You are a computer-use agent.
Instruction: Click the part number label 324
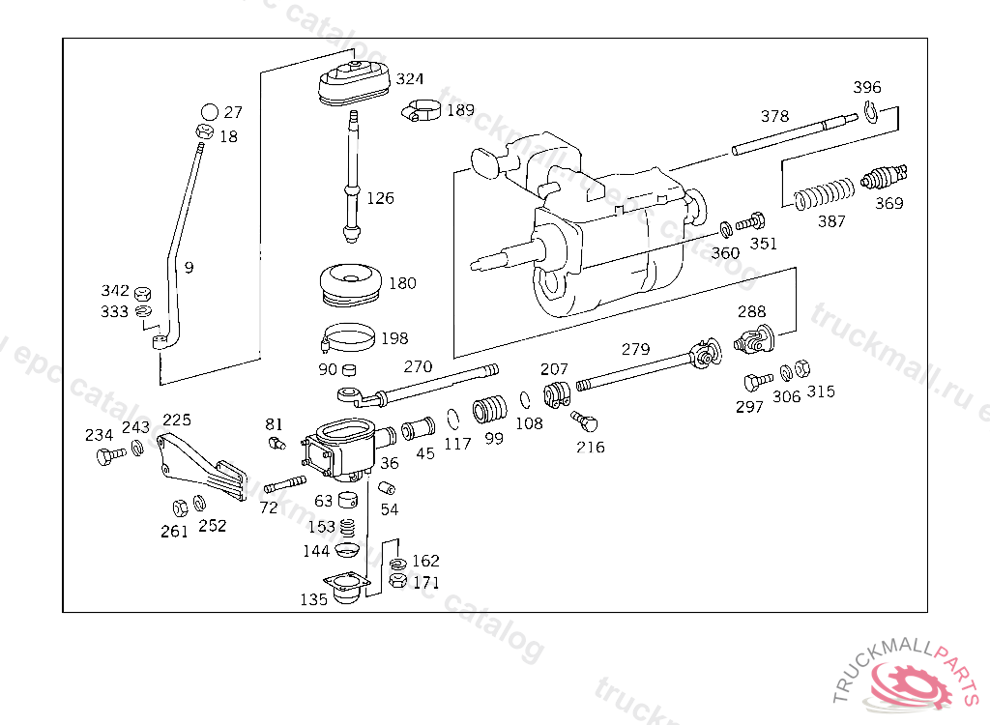409,79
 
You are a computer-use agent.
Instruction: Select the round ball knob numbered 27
209,112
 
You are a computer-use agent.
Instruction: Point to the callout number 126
380,198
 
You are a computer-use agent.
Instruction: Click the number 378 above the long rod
774,116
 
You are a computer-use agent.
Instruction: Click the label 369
888,203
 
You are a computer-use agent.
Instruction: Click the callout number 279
635,349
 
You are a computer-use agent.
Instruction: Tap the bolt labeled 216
585,421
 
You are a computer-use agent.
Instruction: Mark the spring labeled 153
349,528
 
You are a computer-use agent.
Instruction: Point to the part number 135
313,599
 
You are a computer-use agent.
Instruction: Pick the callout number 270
418,367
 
